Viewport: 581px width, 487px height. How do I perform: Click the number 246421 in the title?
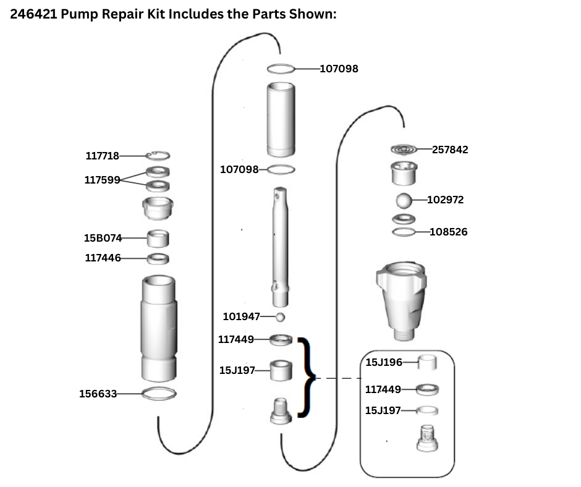click(34, 14)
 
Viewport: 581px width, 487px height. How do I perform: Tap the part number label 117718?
click(102, 156)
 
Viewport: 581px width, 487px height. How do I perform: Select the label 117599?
click(102, 180)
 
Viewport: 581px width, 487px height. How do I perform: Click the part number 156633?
click(98, 393)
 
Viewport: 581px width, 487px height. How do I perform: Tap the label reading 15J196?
click(383, 362)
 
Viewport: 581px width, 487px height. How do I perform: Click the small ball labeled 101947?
click(280, 317)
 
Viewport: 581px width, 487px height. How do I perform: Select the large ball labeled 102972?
click(404, 200)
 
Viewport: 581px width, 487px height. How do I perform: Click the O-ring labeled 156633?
click(159, 393)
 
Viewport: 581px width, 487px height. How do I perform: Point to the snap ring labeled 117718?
click(159, 156)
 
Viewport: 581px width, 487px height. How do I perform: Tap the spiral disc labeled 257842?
click(404, 150)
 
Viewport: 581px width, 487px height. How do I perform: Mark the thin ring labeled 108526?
click(404, 232)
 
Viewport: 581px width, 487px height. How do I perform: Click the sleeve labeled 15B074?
click(158, 237)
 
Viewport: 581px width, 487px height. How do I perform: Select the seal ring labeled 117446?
click(158, 258)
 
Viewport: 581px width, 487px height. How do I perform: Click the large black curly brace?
click(307, 377)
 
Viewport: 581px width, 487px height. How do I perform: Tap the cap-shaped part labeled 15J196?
click(427, 362)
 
